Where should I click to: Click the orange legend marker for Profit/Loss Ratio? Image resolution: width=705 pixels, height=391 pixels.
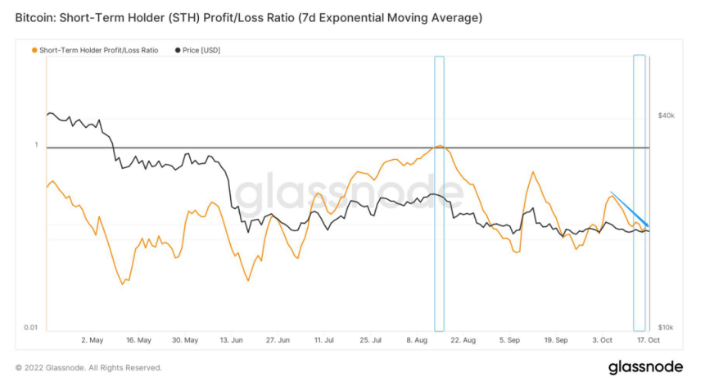pyautogui.click(x=34, y=50)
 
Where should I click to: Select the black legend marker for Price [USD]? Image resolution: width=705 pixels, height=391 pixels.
pyautogui.click(x=179, y=50)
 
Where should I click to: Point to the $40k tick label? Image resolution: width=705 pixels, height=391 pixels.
pyautogui.click(x=666, y=116)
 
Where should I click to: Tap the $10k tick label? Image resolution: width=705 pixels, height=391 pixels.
pyautogui.click(x=666, y=327)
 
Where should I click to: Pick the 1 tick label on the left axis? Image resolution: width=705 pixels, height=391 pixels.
pyautogui.click(x=36, y=145)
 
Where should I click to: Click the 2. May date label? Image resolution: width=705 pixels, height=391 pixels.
pyautogui.click(x=93, y=339)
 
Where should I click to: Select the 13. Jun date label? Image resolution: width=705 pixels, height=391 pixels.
pyautogui.click(x=232, y=339)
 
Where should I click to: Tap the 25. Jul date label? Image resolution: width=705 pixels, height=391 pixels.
pyautogui.click(x=371, y=339)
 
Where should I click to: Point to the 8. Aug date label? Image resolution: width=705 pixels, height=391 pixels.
pyautogui.click(x=418, y=339)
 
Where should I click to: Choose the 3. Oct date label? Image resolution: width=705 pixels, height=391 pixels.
pyautogui.click(x=603, y=339)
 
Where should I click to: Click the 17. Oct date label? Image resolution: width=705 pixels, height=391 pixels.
pyautogui.click(x=649, y=339)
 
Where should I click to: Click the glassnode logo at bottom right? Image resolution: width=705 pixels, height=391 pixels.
pyautogui.click(x=645, y=367)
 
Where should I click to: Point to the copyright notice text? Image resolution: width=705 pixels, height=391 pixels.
pyautogui.click(x=88, y=368)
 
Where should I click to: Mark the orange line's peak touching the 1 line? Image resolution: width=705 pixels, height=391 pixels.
pyautogui.click(x=440, y=146)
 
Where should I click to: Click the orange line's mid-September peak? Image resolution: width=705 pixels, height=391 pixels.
pyautogui.click(x=533, y=172)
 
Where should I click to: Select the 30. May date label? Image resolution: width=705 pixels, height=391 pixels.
pyautogui.click(x=186, y=339)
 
